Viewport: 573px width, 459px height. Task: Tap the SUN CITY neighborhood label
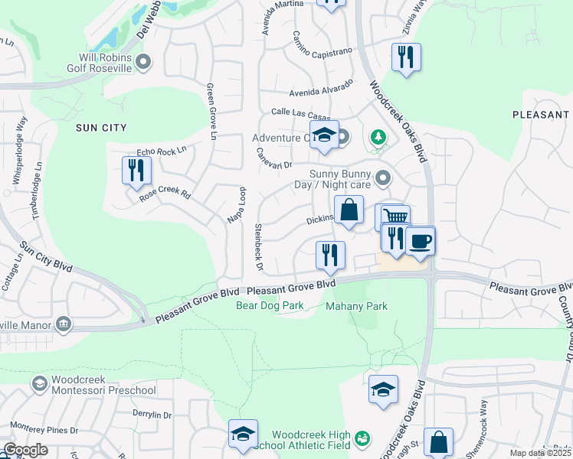pyautogui.click(x=101, y=128)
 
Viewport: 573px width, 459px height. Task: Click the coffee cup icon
pyautogui.click(x=420, y=242)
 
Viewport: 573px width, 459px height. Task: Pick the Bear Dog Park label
pyautogui.click(x=270, y=306)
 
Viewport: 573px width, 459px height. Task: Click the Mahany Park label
pyautogui.click(x=356, y=306)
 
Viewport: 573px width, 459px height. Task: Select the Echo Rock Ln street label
pyautogui.click(x=161, y=151)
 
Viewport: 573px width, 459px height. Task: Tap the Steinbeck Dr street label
pyautogui.click(x=258, y=246)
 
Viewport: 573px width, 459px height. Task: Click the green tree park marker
pyautogui.click(x=377, y=137)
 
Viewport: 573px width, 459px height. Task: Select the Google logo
pyautogui.click(x=26, y=450)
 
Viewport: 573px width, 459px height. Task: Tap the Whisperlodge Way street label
pyautogui.click(x=21, y=150)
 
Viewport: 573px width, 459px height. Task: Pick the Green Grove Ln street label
pyautogui.click(x=210, y=112)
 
